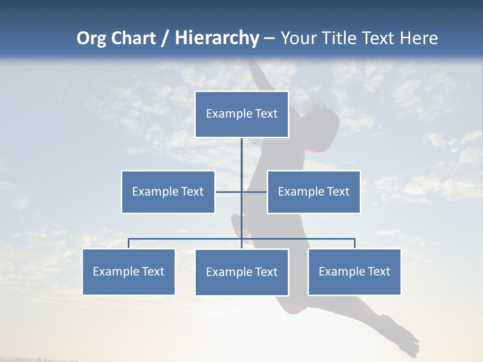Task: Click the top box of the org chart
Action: coord(242,114)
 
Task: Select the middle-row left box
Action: coord(168,192)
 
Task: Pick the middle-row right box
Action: coord(313,192)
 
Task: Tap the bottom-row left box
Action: coord(129,271)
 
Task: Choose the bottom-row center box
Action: coord(242,272)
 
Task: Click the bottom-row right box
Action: coord(354,271)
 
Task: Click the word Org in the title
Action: coord(91,38)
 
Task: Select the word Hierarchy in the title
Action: coord(217,38)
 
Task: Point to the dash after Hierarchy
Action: coord(269,38)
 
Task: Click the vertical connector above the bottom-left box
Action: coord(129,243)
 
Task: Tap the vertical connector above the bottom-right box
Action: coord(354,243)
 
